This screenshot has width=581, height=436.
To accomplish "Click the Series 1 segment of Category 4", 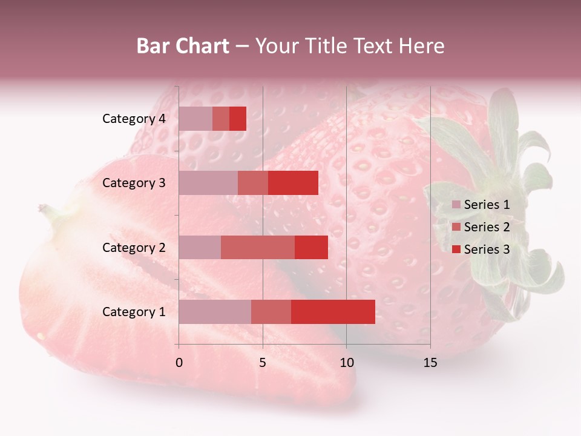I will (x=195, y=119).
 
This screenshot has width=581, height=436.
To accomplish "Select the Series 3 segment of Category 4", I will (x=238, y=119).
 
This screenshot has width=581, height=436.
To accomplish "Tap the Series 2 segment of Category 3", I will (x=253, y=183).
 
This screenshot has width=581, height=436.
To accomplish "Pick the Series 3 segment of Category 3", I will (x=293, y=183).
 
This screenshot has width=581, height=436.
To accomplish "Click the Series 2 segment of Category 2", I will (x=258, y=247).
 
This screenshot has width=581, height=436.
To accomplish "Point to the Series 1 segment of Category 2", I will (x=200, y=247).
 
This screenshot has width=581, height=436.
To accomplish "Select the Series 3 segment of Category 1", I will (x=333, y=312).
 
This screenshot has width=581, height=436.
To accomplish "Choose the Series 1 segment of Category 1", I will (x=215, y=312).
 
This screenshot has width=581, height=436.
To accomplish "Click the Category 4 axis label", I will (x=134, y=119).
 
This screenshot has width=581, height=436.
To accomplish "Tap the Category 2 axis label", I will (x=134, y=247).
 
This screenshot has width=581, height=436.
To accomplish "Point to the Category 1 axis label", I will (x=134, y=312).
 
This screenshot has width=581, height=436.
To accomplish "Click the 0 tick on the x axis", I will (x=179, y=363).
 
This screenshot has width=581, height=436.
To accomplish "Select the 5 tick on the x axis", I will (x=263, y=363).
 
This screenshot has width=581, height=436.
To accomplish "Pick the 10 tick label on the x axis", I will (x=346, y=363).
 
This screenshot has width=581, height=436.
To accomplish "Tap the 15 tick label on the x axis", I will (x=430, y=363).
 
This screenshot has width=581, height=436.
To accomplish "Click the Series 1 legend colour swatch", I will (x=456, y=205).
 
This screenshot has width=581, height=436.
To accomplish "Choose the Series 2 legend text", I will (x=487, y=227).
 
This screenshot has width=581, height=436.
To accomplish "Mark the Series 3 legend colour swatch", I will (x=456, y=249).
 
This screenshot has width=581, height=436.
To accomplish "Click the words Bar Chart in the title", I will (x=183, y=46).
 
